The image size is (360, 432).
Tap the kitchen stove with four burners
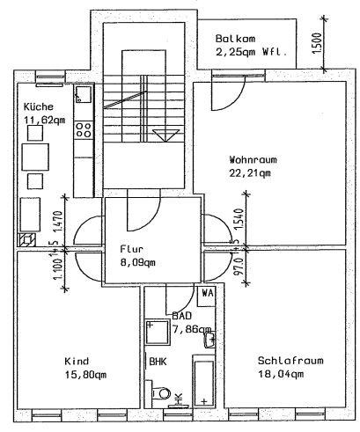click(x=84, y=130)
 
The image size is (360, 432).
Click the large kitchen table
click(x=36, y=158)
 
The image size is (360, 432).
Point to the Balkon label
click(x=234, y=38)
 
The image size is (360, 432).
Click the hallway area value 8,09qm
click(x=138, y=261)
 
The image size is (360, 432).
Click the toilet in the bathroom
click(x=161, y=394)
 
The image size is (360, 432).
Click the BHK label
click(x=158, y=361)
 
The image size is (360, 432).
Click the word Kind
click(x=77, y=362)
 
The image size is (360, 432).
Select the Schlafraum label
click(x=281, y=362)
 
